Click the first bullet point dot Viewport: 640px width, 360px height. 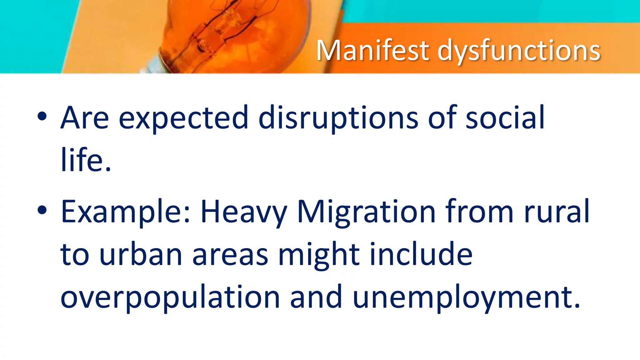coord(42,117)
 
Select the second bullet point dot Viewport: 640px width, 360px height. coord(42,210)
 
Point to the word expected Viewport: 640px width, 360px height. coord(183,119)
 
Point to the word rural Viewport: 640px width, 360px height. coord(556,212)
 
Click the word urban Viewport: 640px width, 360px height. coord(141,254)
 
